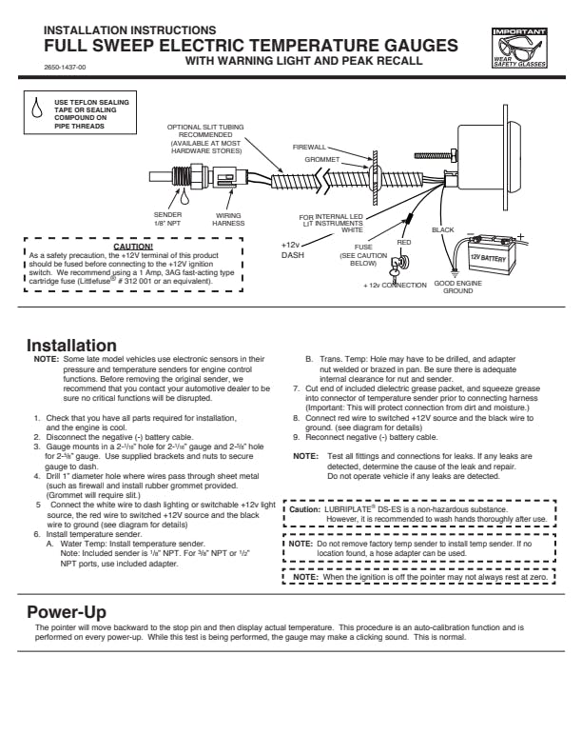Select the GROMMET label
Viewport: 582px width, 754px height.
click(x=321, y=159)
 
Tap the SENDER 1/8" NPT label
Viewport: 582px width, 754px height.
click(x=167, y=218)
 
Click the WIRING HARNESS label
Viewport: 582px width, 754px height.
click(x=228, y=218)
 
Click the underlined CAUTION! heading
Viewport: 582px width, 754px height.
click(x=133, y=246)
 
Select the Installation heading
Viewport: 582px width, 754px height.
click(x=71, y=345)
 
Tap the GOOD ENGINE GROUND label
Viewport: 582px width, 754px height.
click(x=457, y=287)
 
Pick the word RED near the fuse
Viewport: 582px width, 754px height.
click(x=404, y=242)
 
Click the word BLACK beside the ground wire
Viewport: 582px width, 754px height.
click(x=443, y=229)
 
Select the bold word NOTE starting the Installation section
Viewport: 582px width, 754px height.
click(x=46, y=358)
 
